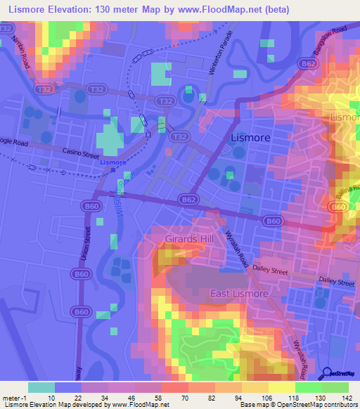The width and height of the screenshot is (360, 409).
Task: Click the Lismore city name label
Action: click(250, 138)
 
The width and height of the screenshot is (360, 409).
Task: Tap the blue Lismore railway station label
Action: click(113, 162)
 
